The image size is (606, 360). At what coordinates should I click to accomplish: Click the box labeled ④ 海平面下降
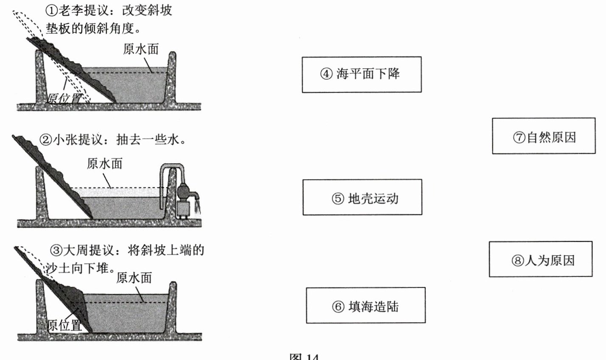click(x=362, y=74)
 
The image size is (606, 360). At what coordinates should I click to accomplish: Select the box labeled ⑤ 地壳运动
click(x=362, y=198)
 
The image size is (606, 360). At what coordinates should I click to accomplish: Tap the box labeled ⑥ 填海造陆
click(x=365, y=306)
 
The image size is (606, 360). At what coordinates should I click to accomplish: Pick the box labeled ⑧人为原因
click(x=540, y=260)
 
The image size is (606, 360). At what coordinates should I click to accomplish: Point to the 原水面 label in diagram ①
click(x=141, y=49)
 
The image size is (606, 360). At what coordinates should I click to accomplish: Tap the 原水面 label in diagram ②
click(x=104, y=164)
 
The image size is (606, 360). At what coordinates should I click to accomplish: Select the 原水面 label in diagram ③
click(x=134, y=278)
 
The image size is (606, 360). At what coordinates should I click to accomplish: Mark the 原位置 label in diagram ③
click(x=65, y=326)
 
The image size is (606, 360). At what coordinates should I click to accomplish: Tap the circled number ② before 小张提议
click(x=45, y=140)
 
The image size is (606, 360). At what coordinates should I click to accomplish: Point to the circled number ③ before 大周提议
click(x=56, y=250)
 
